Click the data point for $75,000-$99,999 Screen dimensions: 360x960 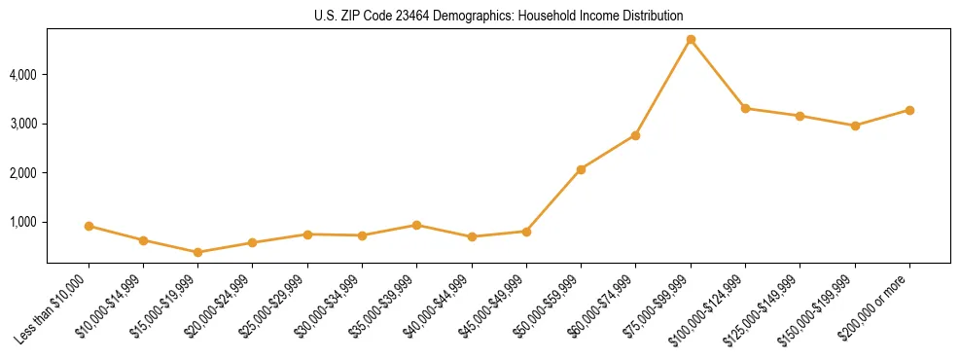[x=691, y=40]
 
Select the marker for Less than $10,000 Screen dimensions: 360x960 [x=89, y=226]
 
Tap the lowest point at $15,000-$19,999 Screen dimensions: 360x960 [x=198, y=252]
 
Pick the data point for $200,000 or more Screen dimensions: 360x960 [x=909, y=110]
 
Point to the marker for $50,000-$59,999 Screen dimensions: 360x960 [x=581, y=169]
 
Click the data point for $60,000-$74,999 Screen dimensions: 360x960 [x=635, y=135]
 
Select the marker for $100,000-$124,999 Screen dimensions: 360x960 [x=745, y=108]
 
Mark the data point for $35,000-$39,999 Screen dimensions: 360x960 [x=417, y=225]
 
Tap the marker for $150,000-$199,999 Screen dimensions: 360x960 [x=855, y=126]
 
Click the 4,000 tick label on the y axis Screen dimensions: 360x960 [x=24, y=75]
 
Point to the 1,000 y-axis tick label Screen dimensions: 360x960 [x=24, y=222]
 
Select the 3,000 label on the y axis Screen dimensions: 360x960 [x=24, y=125]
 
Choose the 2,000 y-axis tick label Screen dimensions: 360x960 [x=24, y=173]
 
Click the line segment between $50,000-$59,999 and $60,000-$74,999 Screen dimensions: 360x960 [x=608, y=153]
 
